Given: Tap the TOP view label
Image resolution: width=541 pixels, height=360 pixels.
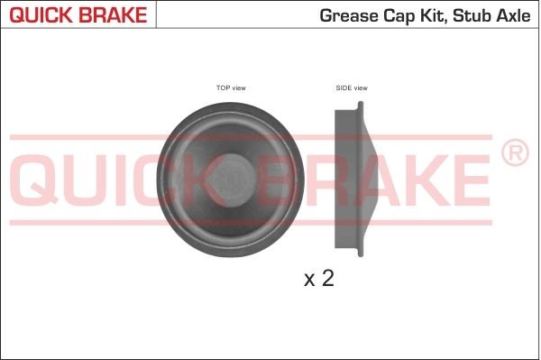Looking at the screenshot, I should pyautogui.click(x=231, y=88).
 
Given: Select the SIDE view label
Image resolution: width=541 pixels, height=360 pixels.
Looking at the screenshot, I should pyautogui.click(x=352, y=88).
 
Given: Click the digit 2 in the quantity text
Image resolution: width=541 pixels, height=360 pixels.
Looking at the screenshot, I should pyautogui.click(x=327, y=279).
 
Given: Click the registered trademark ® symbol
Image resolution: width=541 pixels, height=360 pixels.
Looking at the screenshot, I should pyautogui.click(x=514, y=154).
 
